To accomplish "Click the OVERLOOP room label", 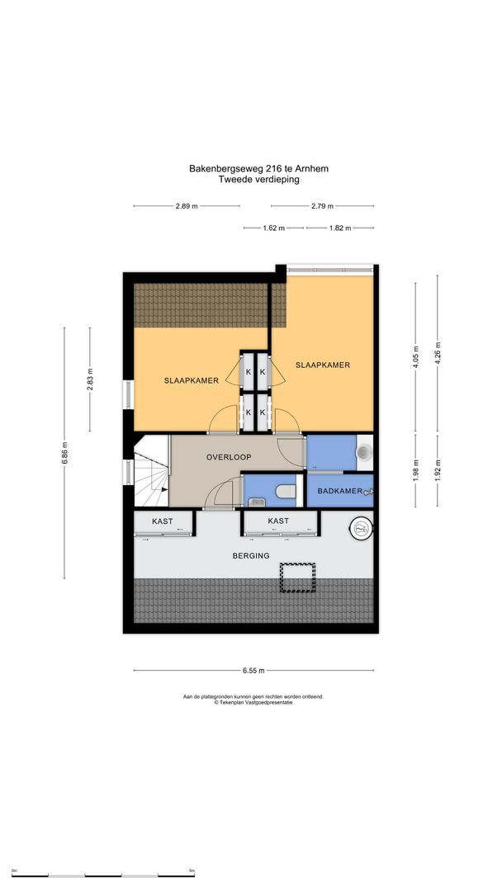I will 229,456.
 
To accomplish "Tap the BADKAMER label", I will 339,490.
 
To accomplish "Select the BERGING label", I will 251,555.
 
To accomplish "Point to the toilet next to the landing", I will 286,493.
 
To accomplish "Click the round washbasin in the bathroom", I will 365,453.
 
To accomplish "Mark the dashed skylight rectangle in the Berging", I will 298,577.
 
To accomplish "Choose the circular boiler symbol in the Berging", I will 361,529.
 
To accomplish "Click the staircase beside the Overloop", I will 151,474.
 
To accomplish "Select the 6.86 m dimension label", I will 65,453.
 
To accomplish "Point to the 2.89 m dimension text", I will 186,206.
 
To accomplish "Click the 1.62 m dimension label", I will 274,228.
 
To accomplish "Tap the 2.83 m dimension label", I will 91,378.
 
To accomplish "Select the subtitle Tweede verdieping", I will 258,179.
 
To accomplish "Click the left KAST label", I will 163,521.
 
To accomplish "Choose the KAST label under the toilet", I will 278,521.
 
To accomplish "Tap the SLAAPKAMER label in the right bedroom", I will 323,365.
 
